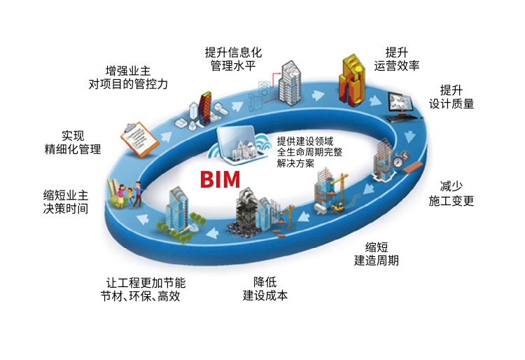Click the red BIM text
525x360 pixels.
(x=220, y=179)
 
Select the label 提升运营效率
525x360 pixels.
(x=396, y=60)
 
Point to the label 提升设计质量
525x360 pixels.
(x=451, y=97)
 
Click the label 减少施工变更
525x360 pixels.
(x=451, y=193)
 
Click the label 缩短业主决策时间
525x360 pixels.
(x=65, y=201)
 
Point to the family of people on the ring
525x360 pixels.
(x=126, y=193)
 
